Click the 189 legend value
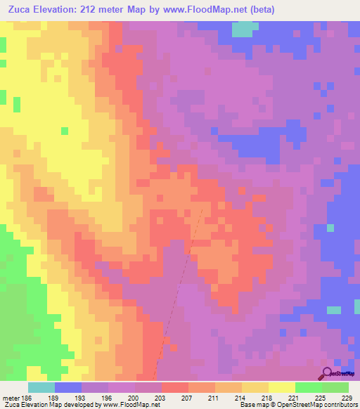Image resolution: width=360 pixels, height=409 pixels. pyautogui.click(x=67, y=397)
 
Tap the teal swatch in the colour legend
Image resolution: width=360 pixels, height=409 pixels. pyautogui.click(x=41, y=387)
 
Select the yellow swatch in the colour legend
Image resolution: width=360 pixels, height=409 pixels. pyautogui.click(x=282, y=387)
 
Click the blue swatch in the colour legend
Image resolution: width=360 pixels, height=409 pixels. pyautogui.click(x=68, y=387)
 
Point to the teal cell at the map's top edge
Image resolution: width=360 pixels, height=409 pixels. pyautogui.click(x=243, y=30)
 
